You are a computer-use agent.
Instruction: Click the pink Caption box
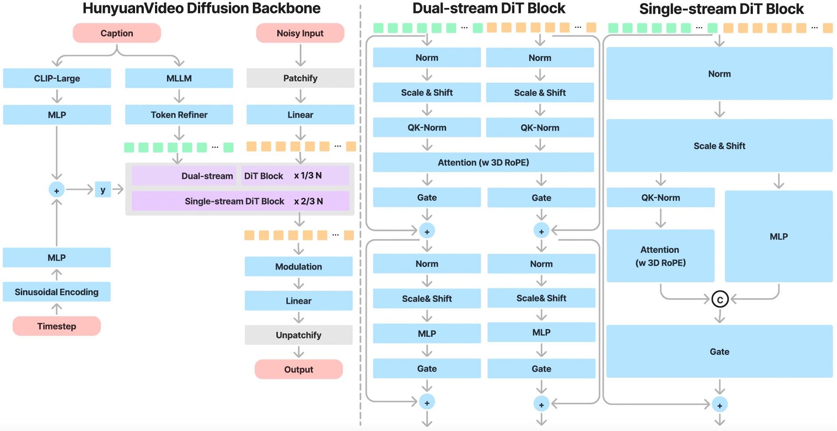116,33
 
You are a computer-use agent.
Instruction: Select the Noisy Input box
300,33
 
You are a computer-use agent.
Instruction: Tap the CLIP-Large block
57,78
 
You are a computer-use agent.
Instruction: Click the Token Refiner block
179,115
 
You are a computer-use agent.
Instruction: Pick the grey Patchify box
300,78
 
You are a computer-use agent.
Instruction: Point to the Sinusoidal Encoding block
57,292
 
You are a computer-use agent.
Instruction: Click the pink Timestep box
57,326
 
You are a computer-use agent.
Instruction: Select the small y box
103,190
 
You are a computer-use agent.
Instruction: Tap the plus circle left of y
57,190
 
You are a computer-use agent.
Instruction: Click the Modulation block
298,266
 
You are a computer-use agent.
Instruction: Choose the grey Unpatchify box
298,335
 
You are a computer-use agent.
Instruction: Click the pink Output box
298,369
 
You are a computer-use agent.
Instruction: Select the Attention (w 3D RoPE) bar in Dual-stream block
483,162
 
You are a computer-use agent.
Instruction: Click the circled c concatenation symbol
720,300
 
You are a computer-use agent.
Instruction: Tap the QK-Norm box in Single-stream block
660,198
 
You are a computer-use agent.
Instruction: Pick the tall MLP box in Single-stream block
779,236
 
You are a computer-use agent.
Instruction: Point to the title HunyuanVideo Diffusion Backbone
201,8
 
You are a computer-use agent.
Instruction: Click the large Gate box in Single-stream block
719,351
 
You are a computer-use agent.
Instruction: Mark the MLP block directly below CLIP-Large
57,115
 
